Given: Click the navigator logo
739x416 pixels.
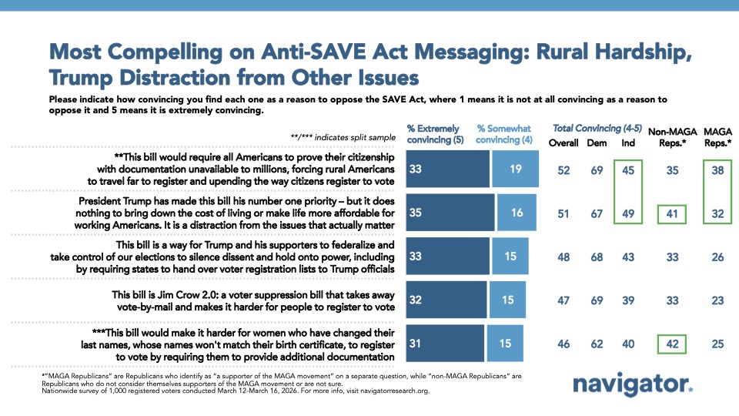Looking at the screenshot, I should click(x=633, y=384).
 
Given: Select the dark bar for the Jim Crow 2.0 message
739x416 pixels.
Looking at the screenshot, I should click(x=446, y=300).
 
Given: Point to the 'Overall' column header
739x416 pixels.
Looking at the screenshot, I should click(x=563, y=143).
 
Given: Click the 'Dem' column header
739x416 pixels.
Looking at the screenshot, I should click(x=596, y=143).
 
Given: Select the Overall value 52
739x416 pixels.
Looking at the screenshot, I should click(x=563, y=170).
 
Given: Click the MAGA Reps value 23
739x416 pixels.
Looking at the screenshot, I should click(x=717, y=300).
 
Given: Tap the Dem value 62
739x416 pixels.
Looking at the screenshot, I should click(x=596, y=344).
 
